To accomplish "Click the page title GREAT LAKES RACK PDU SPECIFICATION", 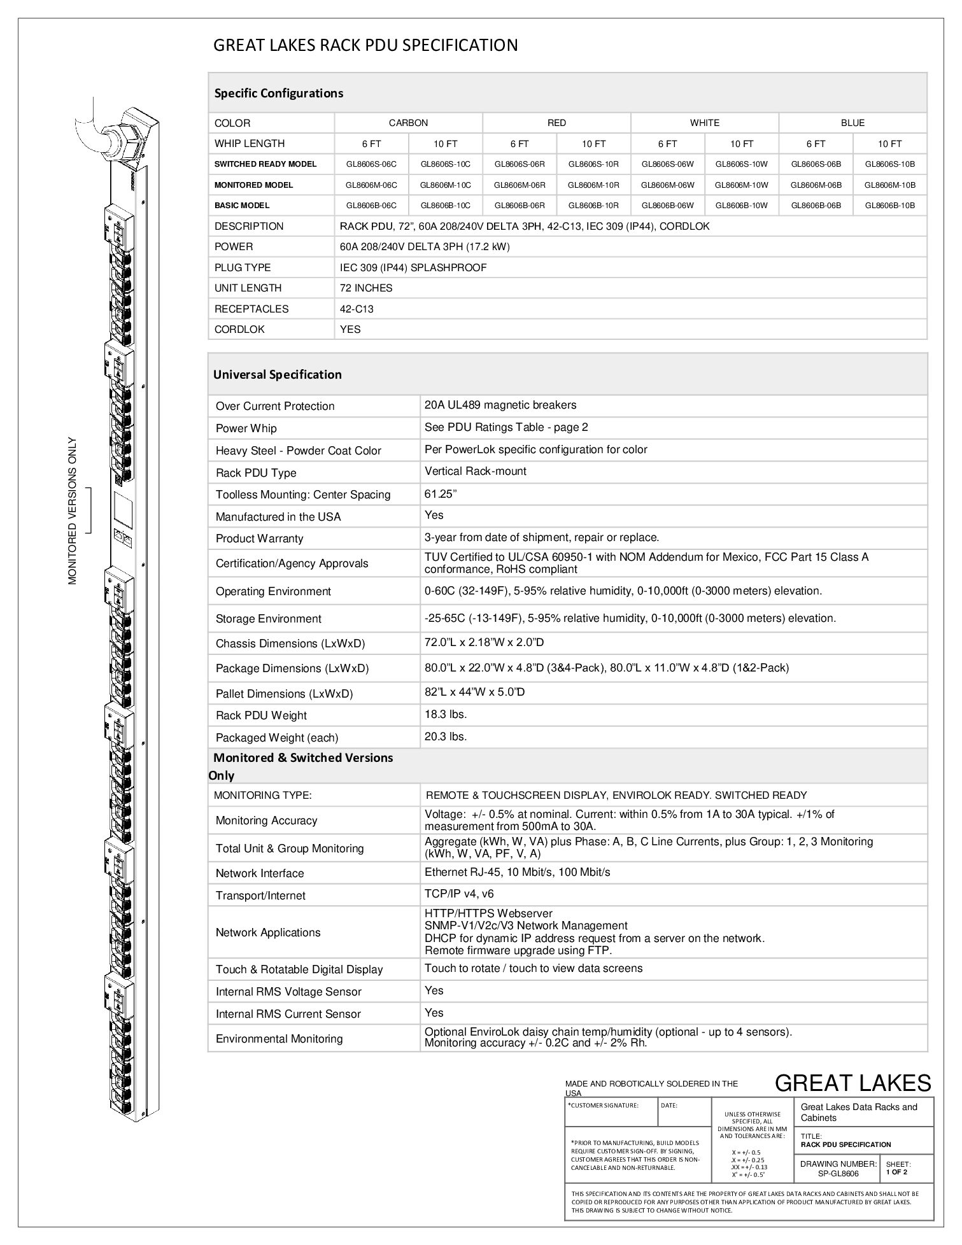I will pyautogui.click(x=365, y=45).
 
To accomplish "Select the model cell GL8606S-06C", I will pyautogui.click(x=371, y=164).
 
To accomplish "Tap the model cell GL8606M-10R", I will pyautogui.click(x=593, y=185).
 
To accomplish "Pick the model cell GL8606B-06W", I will pyautogui.click(x=667, y=206).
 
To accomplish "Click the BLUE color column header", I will pyautogui.click(x=852, y=123).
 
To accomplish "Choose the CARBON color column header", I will pyautogui.click(x=408, y=123).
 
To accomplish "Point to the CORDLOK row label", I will pyautogui.click(x=239, y=329).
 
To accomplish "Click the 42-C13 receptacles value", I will pyautogui.click(x=357, y=309).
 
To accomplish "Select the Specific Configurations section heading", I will pyautogui.click(x=278, y=93).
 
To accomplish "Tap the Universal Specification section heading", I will pyautogui.click(x=277, y=374).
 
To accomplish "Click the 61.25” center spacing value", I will pyautogui.click(x=441, y=493).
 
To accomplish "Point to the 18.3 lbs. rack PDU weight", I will pyautogui.click(x=446, y=714).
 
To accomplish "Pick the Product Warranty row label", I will pyautogui.click(x=259, y=538).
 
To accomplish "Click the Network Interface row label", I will pyautogui.click(x=260, y=873).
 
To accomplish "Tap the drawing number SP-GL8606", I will pyautogui.click(x=838, y=1174).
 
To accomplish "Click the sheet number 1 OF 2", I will pyautogui.click(x=896, y=1172).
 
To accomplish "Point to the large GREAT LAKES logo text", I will pyautogui.click(x=852, y=1083).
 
